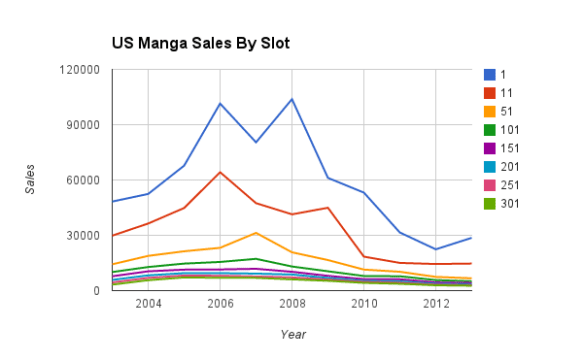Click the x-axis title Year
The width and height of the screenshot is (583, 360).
[293, 333]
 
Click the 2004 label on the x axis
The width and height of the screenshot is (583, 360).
[148, 305]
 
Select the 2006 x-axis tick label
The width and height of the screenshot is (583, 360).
[220, 305]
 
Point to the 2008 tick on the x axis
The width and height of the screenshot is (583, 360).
[292, 305]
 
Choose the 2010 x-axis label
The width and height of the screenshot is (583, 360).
[364, 305]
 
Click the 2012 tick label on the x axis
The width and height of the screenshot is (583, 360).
[436, 305]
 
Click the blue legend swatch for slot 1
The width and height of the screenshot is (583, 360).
[490, 74]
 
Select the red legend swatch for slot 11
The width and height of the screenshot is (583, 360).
[490, 93]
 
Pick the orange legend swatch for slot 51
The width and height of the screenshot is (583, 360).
[490, 111]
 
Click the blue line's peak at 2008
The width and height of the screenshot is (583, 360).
[292, 99]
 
